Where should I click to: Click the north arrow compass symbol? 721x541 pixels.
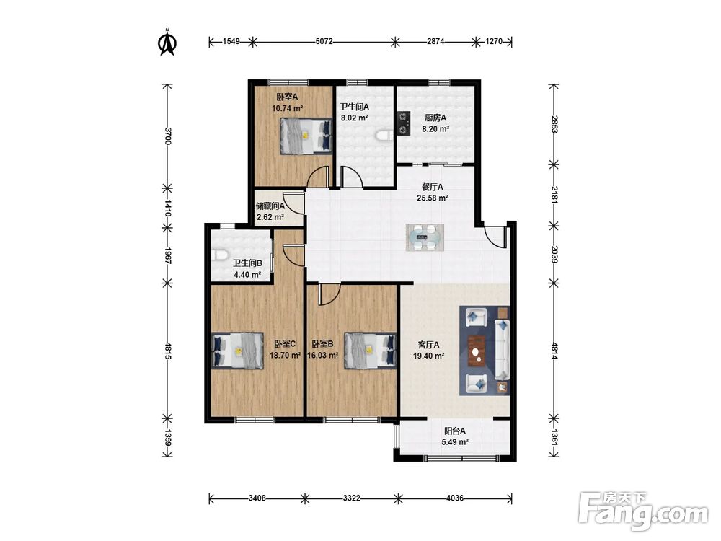[167, 43]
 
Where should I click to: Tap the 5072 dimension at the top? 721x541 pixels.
[324, 41]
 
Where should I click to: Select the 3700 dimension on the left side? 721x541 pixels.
[167, 136]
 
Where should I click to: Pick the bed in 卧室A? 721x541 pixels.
[306, 136]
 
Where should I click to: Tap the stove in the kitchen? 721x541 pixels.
[403, 123]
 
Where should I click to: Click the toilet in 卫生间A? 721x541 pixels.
[384, 136]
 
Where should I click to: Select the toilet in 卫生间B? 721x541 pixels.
[219, 255]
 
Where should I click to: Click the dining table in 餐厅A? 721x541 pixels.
[425, 237]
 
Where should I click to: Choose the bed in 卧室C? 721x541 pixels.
[238, 350]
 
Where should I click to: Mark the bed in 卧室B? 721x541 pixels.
[370, 350]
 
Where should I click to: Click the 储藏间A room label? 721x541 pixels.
[270, 206]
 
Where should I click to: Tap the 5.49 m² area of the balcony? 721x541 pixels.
[455, 442]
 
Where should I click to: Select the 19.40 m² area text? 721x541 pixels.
[428, 356]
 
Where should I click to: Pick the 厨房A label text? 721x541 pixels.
[435, 118]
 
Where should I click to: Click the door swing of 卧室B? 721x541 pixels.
[329, 294]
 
